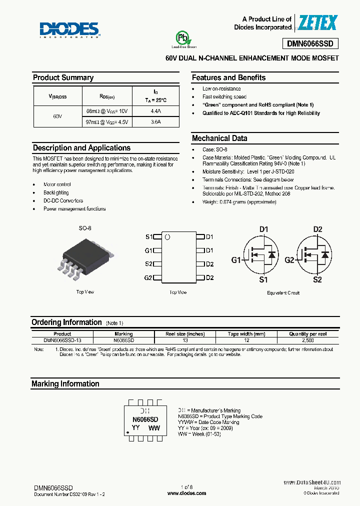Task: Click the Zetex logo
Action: click(x=318, y=23)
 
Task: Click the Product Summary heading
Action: click(x=63, y=77)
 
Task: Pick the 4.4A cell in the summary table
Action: click(x=155, y=111)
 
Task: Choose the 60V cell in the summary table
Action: click(x=57, y=116)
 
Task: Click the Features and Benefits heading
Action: click(x=228, y=77)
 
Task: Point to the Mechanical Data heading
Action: click(x=219, y=138)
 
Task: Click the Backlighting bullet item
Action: click(x=56, y=192)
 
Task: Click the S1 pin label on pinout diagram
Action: click(x=148, y=237)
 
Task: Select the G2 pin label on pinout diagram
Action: click(x=148, y=278)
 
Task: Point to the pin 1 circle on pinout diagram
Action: click(x=168, y=237)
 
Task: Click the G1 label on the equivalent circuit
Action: click(x=235, y=260)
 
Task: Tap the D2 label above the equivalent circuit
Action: click(x=317, y=229)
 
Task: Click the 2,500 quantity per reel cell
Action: click(x=307, y=340)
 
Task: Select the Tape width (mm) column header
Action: click(x=246, y=334)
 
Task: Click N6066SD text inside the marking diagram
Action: click(x=145, y=419)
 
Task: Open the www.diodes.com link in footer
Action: click(x=186, y=493)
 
